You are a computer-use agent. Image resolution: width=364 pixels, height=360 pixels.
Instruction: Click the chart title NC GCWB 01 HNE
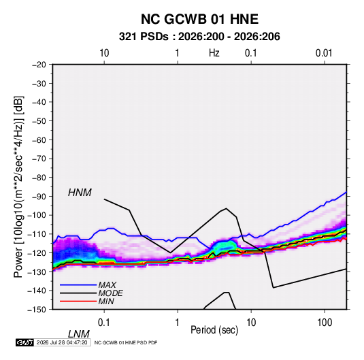point(199,19)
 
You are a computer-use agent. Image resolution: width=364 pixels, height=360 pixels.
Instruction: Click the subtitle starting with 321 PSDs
point(199,37)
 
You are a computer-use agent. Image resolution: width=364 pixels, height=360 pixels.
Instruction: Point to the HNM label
point(80,193)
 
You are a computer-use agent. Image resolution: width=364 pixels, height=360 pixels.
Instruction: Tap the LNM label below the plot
point(79,334)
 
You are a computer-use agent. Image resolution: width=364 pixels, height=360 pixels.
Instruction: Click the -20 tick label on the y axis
point(39,65)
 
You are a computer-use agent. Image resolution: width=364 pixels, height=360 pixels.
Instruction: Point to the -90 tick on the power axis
point(39,196)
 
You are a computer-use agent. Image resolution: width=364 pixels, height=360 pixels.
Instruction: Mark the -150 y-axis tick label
point(37,310)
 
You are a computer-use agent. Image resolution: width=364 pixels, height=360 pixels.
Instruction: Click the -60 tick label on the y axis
point(39,140)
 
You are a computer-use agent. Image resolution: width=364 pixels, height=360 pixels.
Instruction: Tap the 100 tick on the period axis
point(325,323)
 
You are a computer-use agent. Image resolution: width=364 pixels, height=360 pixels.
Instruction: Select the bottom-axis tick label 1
point(178,323)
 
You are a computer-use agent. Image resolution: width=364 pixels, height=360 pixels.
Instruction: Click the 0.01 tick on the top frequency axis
point(324,53)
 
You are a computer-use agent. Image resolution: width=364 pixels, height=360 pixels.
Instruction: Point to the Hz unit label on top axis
point(214,53)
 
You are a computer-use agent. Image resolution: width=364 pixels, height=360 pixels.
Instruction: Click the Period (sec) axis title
point(214,330)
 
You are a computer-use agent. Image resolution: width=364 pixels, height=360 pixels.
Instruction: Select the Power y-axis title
point(18,187)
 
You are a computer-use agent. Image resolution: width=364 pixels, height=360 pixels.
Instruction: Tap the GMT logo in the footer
point(25,342)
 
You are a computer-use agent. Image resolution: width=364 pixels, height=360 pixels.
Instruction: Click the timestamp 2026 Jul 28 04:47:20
point(62,342)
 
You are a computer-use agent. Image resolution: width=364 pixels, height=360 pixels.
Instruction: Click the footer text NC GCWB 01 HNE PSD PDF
point(126,342)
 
